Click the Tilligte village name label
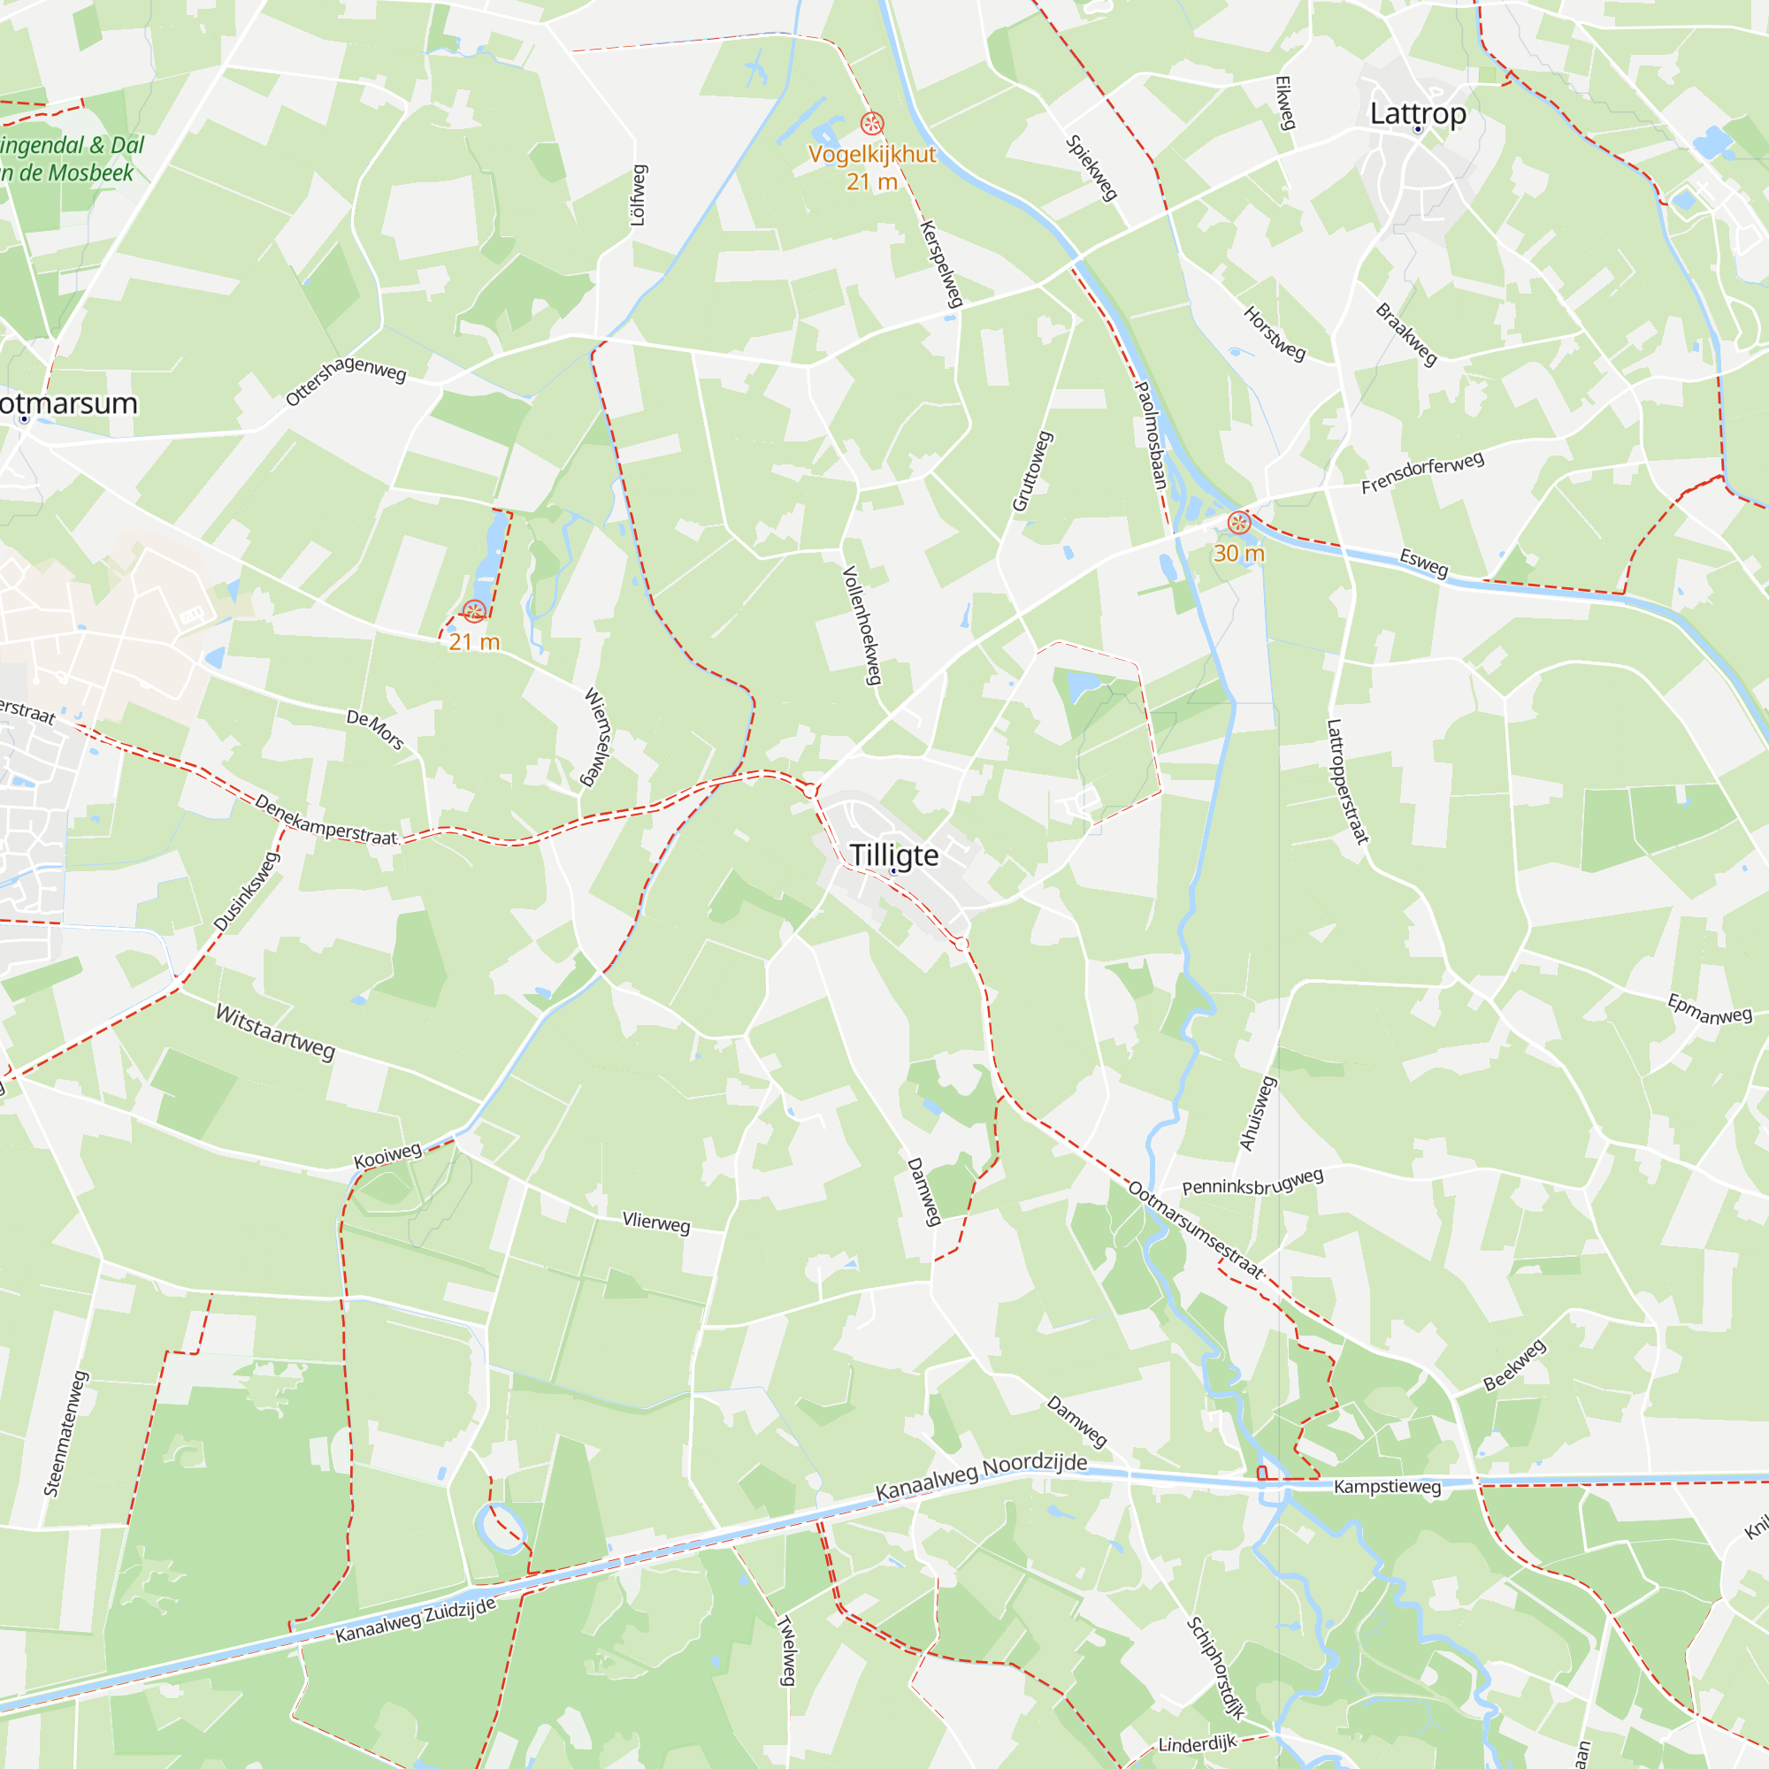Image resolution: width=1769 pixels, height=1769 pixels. point(893,854)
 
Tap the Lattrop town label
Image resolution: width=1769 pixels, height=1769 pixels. point(1417,113)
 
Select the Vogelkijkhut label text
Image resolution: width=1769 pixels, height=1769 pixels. point(872,154)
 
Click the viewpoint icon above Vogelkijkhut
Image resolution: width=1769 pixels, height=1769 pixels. point(872,123)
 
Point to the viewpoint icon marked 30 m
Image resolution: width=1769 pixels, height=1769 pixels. point(1239,523)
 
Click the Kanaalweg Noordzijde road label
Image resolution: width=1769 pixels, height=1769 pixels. point(982,1476)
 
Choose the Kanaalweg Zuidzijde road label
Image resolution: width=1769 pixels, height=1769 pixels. point(416,1620)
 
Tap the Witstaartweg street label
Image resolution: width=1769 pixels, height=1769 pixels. point(275,1031)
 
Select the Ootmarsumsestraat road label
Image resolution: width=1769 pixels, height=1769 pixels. point(1196,1229)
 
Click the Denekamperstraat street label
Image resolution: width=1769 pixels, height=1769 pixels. point(326,820)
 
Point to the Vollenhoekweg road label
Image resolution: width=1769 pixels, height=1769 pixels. point(862,624)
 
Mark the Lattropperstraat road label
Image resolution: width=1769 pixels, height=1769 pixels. point(1347,781)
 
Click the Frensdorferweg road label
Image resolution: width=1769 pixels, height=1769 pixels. point(1422,472)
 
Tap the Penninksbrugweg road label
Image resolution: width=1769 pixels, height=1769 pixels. point(1252,1182)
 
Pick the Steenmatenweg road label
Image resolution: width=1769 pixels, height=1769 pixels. point(67,1433)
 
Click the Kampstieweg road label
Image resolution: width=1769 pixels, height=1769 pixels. point(1387,1486)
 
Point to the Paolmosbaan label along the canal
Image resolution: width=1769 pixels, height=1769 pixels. point(1151,434)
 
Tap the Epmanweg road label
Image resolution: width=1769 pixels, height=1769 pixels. point(1710,1009)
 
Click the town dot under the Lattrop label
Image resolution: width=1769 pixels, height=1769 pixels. point(1417,129)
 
